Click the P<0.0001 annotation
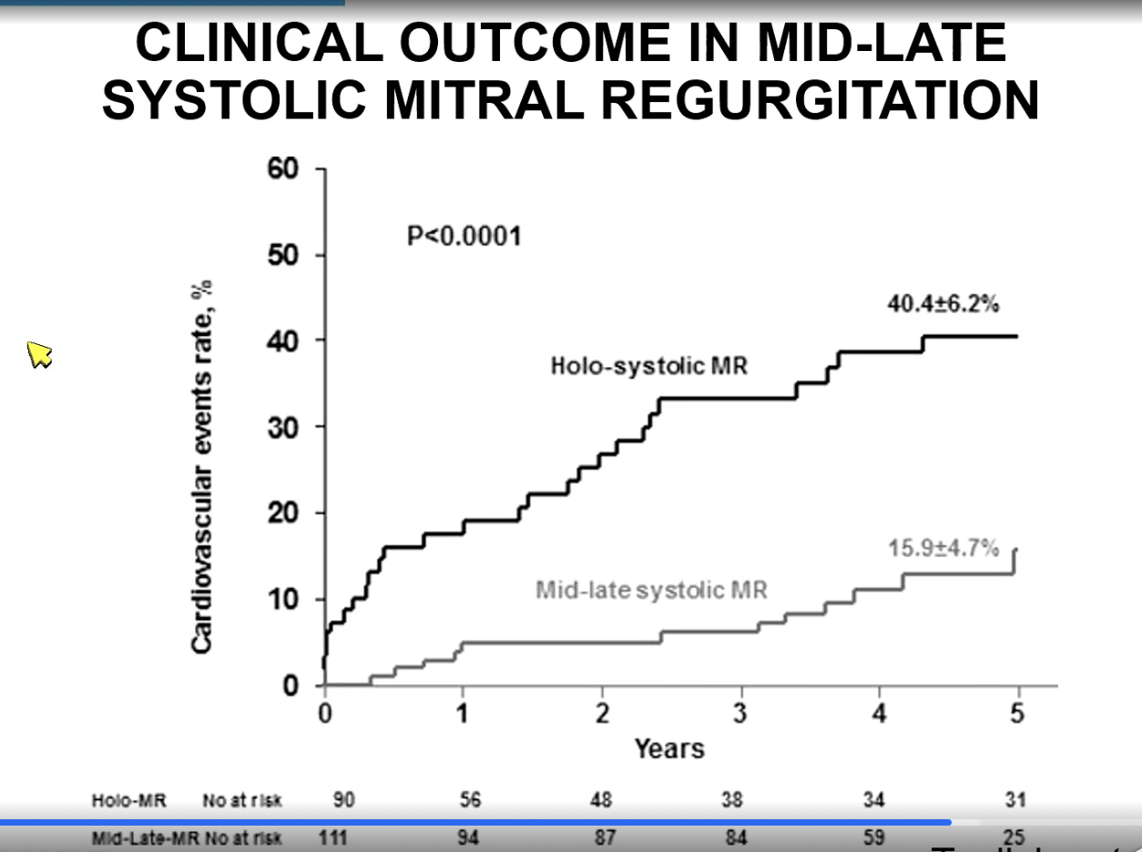[x=464, y=237]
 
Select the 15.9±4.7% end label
[x=943, y=549]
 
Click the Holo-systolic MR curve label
[x=649, y=367]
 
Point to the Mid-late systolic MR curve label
[x=651, y=590]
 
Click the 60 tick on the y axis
[x=283, y=170]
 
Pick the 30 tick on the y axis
[x=283, y=427]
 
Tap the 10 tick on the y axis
[x=283, y=600]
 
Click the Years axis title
[x=669, y=749]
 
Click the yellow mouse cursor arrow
[x=39, y=354]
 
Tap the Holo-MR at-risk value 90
[x=344, y=800]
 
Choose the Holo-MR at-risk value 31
[x=1015, y=800]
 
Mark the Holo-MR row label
[x=116, y=801]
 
